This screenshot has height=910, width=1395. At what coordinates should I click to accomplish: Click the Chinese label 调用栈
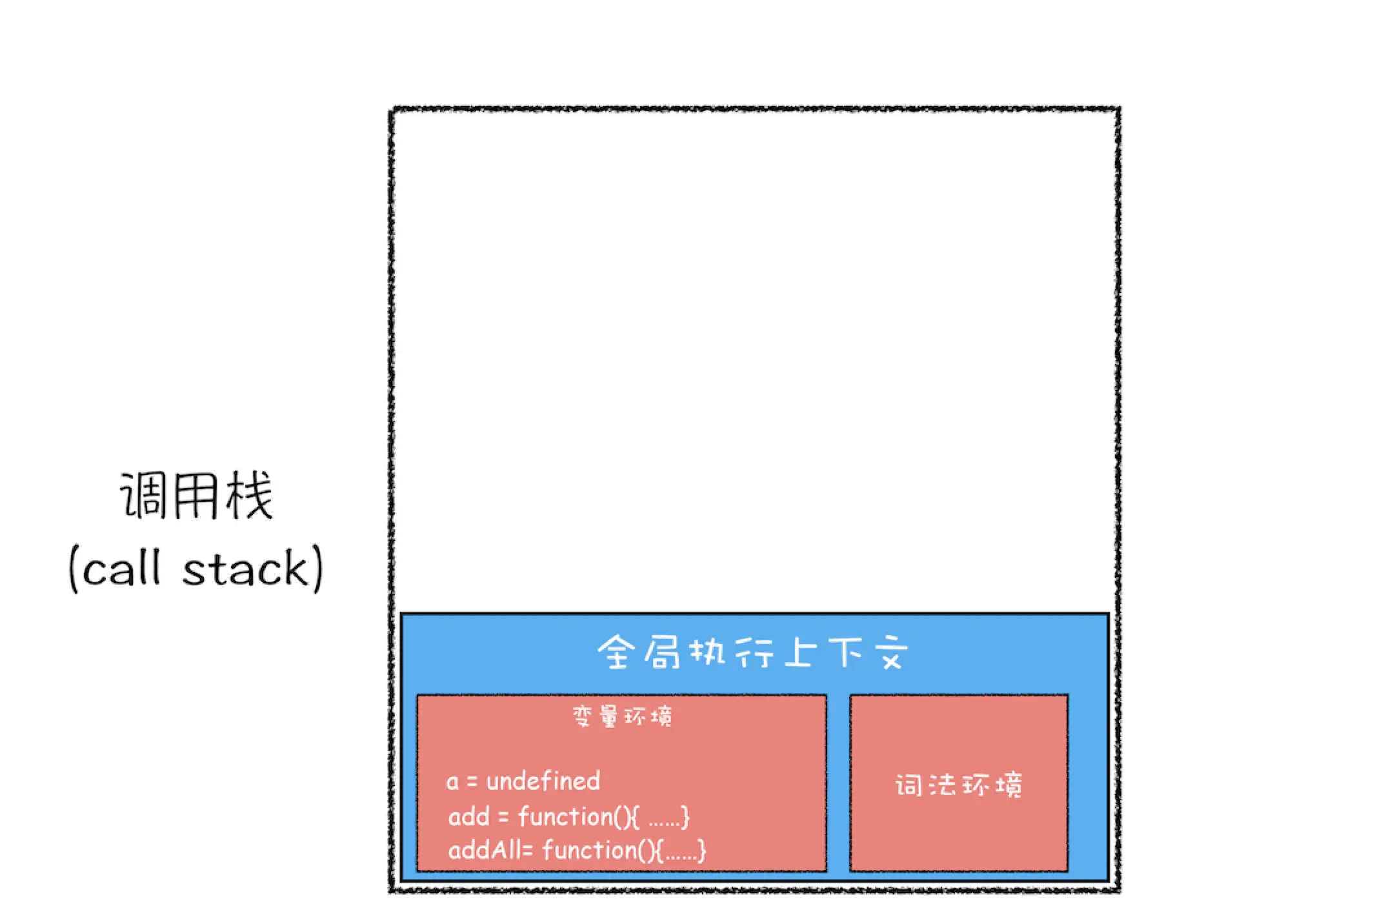coord(196,496)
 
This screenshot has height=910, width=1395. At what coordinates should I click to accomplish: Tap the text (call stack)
coord(196,568)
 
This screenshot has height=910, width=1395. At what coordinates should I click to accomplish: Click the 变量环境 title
coord(622,716)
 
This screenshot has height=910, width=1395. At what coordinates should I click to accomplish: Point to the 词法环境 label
coord(958,785)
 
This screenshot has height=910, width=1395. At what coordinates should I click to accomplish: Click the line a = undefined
coord(523,782)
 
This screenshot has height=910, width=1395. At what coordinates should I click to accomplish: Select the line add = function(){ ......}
coord(568,817)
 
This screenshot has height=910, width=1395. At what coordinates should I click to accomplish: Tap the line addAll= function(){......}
coord(577,850)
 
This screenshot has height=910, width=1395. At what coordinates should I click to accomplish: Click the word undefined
coord(543,782)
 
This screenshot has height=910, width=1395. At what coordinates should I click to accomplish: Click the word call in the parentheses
coord(121,569)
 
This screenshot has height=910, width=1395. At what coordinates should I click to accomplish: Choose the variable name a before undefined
coord(452,782)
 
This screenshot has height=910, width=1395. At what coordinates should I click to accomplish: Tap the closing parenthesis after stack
coord(317,569)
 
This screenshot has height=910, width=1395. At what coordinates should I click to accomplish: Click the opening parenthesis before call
coord(74,569)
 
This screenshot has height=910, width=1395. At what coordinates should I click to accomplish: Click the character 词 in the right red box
coord(908,785)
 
